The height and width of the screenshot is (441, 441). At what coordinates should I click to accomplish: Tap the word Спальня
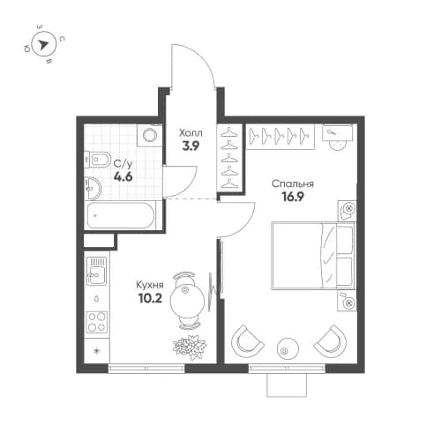click(x=293, y=184)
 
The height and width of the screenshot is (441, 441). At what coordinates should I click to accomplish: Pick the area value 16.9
click(x=293, y=198)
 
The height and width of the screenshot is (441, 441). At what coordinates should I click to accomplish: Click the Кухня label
click(x=149, y=285)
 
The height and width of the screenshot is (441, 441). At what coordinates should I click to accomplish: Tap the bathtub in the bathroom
click(x=121, y=213)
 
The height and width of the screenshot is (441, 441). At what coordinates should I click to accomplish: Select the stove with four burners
click(x=96, y=321)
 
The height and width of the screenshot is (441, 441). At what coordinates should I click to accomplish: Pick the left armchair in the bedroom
click(x=248, y=339)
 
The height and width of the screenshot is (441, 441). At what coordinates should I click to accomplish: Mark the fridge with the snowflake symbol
click(x=96, y=350)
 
